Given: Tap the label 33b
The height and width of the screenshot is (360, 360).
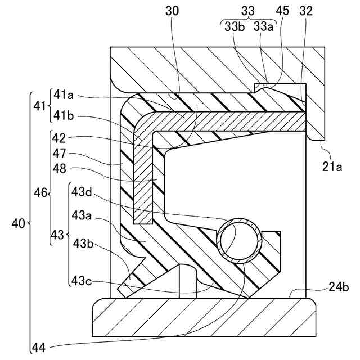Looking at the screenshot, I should pos(234,26).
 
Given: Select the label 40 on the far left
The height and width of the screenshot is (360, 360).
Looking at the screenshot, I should pos(19,224).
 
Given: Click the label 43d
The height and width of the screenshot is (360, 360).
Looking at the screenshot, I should pos(82,191).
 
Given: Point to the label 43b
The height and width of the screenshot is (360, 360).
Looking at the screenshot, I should pos(83,243).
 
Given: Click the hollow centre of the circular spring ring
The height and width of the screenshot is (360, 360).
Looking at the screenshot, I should pos(240,240).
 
